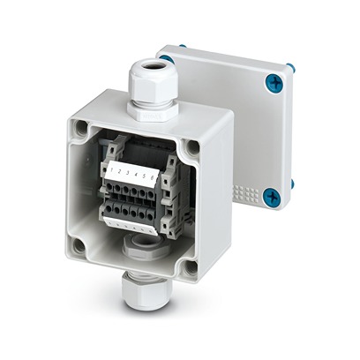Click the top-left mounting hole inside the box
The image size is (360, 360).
tap(82, 130)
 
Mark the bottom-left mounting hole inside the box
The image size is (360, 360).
tap(78, 246)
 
